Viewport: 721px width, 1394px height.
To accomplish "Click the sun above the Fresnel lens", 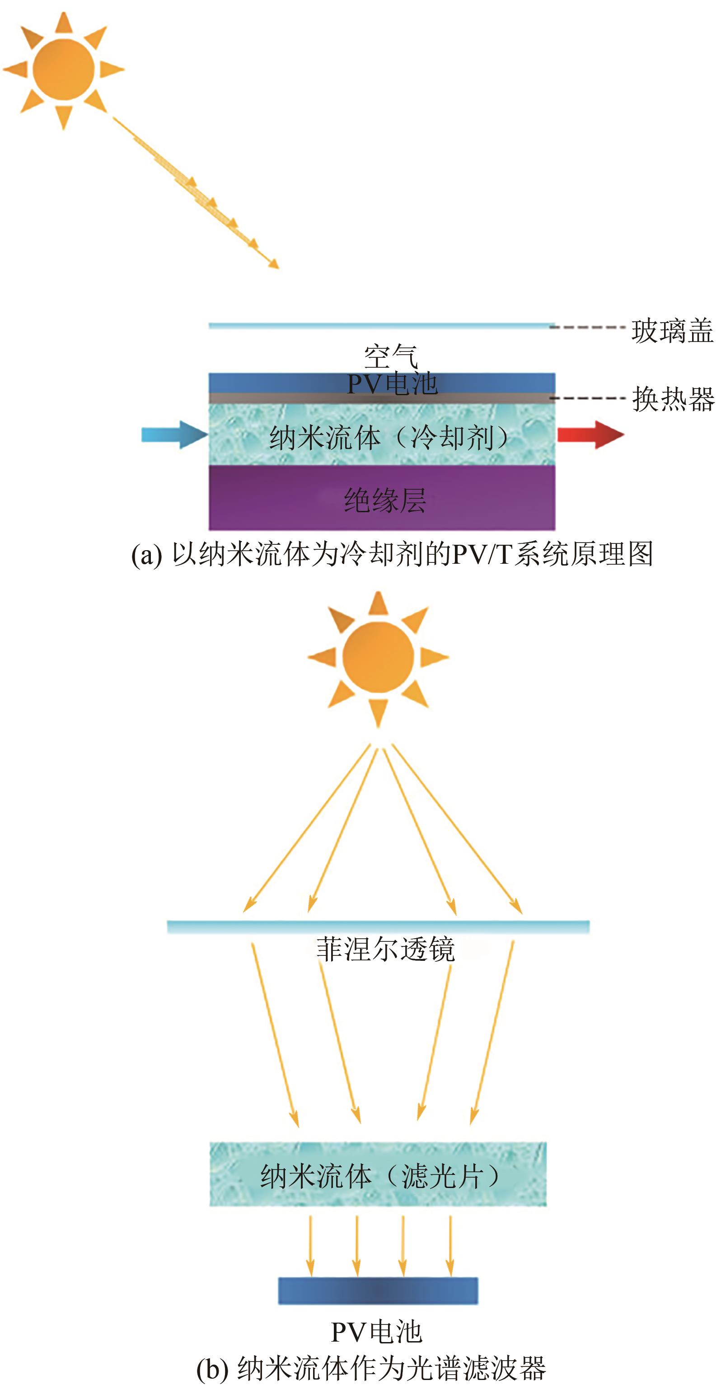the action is coord(378,658).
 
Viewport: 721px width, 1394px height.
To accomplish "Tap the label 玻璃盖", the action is coord(672,331).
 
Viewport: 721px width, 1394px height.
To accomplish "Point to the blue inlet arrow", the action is coord(175,434).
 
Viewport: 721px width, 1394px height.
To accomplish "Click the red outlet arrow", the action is coord(590,434).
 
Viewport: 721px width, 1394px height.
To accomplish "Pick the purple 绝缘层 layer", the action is coord(382,497).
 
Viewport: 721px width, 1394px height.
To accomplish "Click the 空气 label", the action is coord(391,356).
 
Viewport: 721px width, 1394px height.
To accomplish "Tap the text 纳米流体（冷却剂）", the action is coord(390,437).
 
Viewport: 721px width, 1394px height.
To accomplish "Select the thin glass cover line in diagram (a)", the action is coord(382,326).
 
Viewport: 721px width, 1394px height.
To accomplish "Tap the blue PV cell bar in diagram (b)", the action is coord(378,1291).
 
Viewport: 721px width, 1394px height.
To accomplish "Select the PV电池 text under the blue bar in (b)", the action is coord(376,1332).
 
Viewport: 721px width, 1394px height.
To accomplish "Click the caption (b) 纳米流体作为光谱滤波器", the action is coord(371,1367).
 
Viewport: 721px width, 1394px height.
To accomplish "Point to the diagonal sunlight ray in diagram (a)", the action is coord(196,192).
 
